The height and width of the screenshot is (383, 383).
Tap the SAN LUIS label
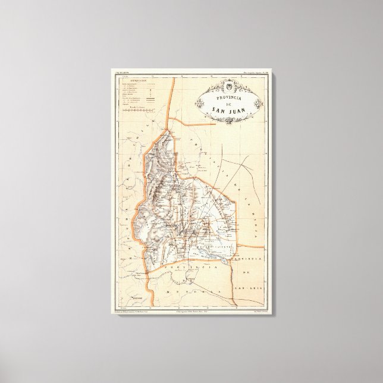pyautogui.click(x=249, y=285)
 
